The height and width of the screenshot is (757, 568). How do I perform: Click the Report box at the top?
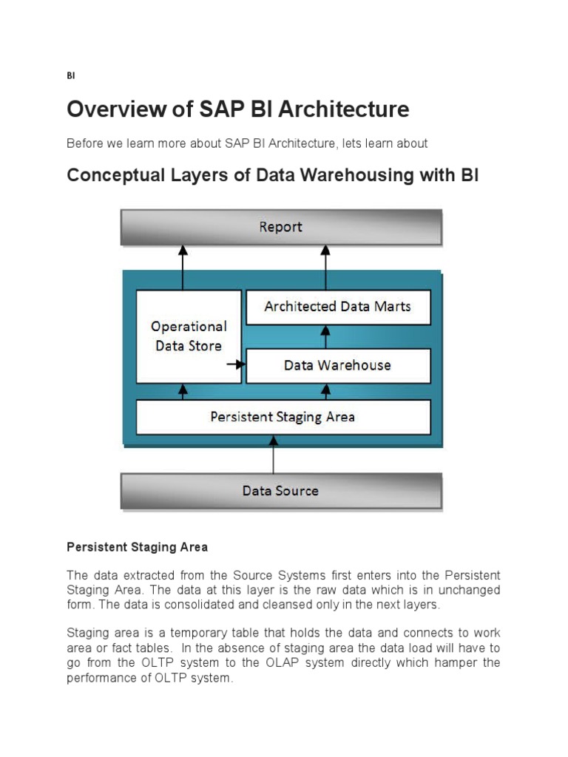point(281,227)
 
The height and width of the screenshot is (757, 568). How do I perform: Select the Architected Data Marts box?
point(337,306)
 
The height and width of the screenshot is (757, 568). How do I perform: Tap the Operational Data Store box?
point(189,336)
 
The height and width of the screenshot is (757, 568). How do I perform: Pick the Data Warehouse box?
point(337,365)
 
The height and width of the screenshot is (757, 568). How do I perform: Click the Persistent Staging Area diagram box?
point(283,417)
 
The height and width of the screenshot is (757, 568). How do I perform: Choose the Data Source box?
point(281,491)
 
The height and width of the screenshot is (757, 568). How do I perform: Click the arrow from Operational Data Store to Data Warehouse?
point(237,364)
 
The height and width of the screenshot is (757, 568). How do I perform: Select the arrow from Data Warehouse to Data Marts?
point(325,336)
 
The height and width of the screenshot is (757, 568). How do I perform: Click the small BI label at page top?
point(70,75)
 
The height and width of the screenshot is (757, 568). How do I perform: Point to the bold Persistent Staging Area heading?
point(138,547)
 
